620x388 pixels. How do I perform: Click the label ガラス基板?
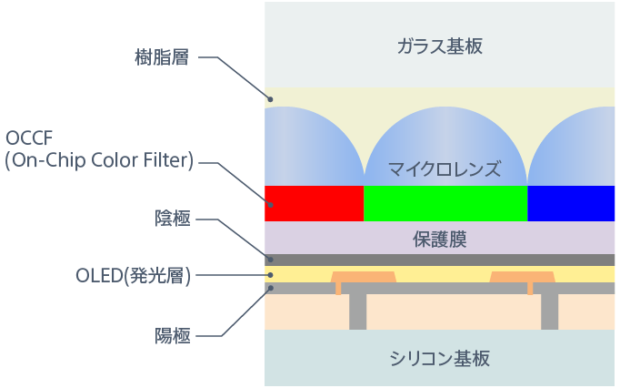(439, 46)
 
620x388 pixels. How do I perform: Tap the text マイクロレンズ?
(445, 168)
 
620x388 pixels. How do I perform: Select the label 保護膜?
(439, 239)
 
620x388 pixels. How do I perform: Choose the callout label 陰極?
(172, 219)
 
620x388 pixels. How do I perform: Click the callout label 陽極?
(172, 335)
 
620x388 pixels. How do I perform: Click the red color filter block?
(314, 203)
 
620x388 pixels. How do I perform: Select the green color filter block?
(445, 203)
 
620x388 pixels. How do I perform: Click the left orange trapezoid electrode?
(364, 276)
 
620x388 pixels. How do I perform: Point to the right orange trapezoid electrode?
(522, 276)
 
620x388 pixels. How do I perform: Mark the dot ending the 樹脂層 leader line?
(270, 98)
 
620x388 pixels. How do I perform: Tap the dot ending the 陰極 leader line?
(270, 259)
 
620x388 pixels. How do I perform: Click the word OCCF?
(32, 138)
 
